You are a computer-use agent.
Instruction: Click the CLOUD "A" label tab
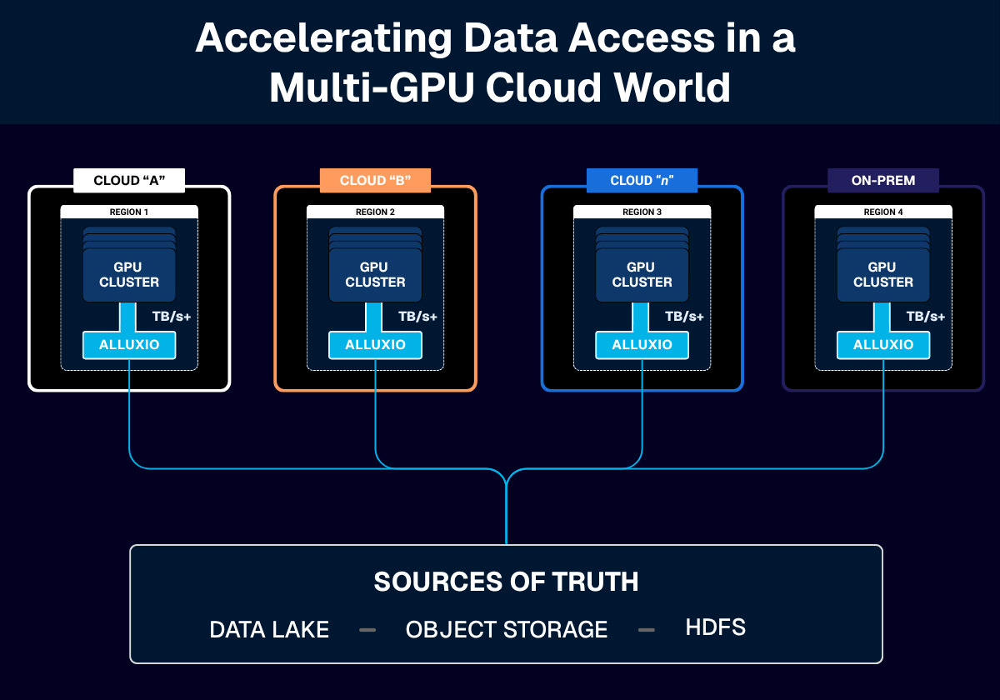pos(128,180)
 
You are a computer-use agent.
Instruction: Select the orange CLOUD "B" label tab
pos(375,180)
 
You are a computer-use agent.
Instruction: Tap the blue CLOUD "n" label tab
pos(642,180)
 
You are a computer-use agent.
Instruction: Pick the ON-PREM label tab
pos(883,180)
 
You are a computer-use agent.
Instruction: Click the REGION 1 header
pos(129,212)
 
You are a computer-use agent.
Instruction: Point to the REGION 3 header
pos(642,212)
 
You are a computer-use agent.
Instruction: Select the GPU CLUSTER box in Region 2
pos(375,275)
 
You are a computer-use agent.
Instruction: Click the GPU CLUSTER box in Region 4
pos(883,275)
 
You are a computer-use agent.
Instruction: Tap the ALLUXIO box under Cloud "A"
pos(129,345)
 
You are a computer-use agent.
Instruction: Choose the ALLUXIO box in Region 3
pos(642,345)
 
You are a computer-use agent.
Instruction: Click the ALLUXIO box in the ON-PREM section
pos(883,345)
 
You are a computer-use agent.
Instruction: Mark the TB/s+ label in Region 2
pos(417,317)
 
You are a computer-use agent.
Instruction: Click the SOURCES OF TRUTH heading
pos(506,582)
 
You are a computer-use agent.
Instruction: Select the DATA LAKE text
pos(269,630)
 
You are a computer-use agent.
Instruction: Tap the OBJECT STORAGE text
pos(507,630)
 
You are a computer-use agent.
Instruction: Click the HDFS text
pos(715,627)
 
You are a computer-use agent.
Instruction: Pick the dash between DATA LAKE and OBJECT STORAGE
pos(367,630)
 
